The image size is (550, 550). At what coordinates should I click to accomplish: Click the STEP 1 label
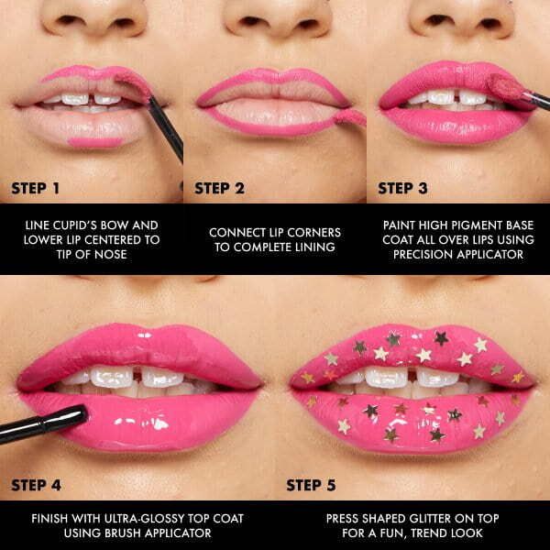[36, 190]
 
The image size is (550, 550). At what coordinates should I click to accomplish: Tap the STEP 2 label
[220, 190]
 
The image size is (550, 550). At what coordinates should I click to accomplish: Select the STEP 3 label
[403, 190]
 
